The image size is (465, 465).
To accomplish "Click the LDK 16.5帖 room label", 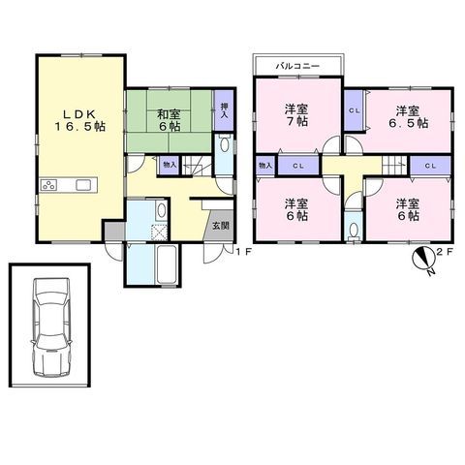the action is click(79, 120).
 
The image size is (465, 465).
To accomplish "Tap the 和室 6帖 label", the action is click(169, 120).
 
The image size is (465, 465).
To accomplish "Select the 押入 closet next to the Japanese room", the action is click(224, 109).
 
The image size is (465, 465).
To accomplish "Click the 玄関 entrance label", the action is click(221, 226).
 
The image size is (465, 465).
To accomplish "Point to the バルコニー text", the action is click(297, 66).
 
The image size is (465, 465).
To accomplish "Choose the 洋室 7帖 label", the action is click(296, 115).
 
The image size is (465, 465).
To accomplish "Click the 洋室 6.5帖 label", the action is click(408, 117).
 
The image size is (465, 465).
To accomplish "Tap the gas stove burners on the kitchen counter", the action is click(49, 185).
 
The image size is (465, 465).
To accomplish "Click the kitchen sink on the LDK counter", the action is click(83, 185).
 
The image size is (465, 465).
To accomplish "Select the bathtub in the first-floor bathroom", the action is click(167, 264).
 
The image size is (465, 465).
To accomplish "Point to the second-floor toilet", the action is click(354, 231).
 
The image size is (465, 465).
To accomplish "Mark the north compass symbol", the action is click(424, 260).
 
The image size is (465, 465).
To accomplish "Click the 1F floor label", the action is click(243, 252).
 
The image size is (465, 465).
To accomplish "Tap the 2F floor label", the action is click(445, 252).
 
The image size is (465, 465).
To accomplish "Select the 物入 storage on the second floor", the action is click(265, 166).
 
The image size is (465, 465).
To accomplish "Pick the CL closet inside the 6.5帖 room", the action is click(354, 110).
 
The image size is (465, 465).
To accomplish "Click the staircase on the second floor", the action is click(395, 165).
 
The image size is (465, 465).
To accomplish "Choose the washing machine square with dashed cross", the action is click(159, 232).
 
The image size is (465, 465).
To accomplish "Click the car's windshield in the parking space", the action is click(51, 301).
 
